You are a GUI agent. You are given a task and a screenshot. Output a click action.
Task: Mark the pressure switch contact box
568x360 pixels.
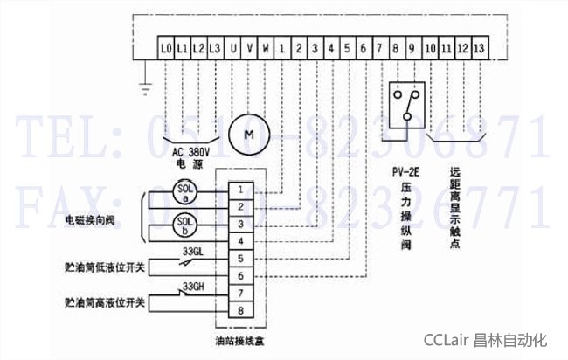click(405, 103)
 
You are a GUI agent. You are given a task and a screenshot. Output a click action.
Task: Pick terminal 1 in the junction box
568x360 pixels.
click(241, 189)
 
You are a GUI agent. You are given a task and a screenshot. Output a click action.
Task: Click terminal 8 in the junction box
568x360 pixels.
click(241, 308)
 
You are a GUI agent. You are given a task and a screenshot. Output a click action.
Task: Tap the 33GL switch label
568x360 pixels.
click(193, 252)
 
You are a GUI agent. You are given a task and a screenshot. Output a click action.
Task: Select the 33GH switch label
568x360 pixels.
click(193, 286)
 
